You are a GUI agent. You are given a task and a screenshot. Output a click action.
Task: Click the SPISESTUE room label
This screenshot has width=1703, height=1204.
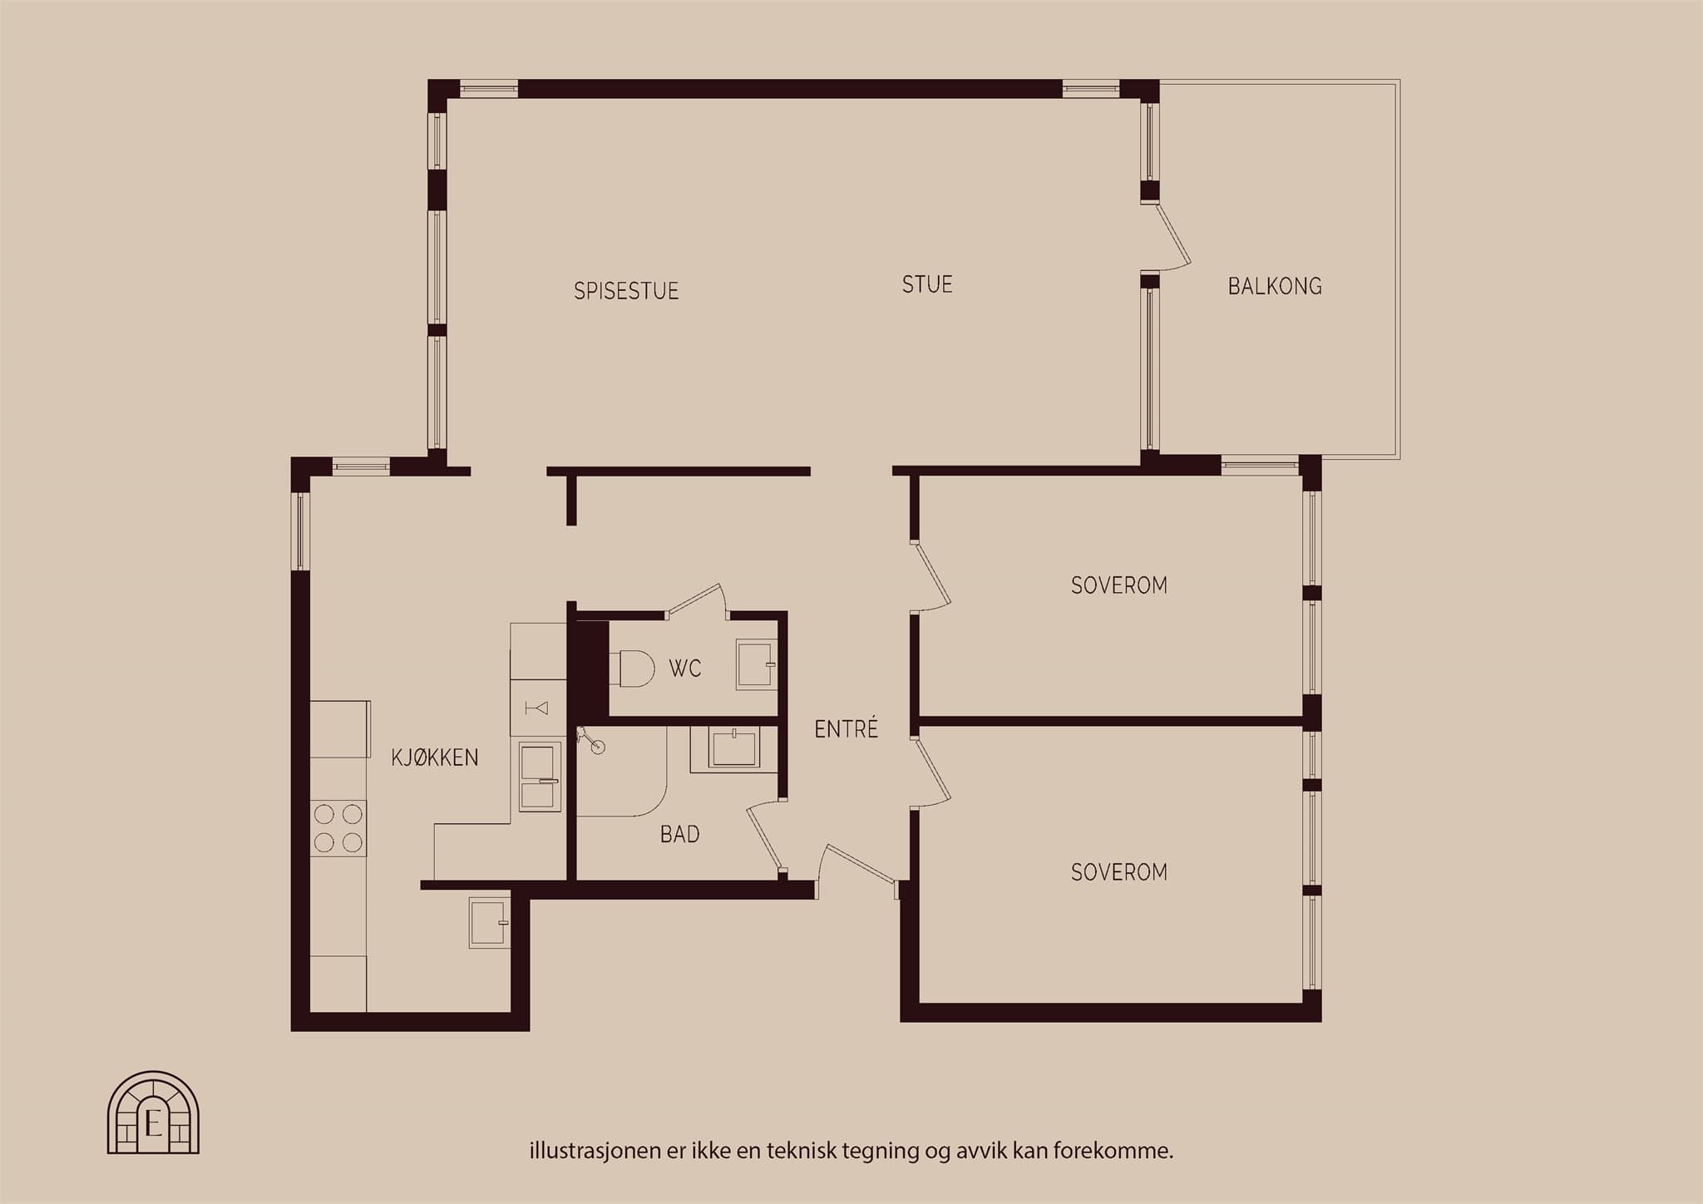click(x=626, y=291)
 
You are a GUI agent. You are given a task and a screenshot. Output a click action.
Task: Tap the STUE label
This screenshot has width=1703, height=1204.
click(x=927, y=284)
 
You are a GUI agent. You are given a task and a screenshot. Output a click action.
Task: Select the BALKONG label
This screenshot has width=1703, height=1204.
click(x=1275, y=286)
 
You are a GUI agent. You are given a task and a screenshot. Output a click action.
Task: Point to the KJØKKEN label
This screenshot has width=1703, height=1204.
click(x=435, y=757)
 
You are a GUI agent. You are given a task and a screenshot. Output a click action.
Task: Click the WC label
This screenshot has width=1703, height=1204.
click(x=685, y=669)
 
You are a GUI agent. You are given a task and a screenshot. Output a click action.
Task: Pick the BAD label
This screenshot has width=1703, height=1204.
click(x=680, y=834)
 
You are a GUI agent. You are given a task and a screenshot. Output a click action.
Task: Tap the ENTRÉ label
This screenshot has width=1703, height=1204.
click(x=847, y=728)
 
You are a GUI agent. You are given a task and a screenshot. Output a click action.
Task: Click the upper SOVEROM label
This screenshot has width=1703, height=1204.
click(x=1119, y=585)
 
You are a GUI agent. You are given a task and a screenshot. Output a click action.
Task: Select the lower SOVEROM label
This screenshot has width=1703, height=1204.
click(x=1119, y=872)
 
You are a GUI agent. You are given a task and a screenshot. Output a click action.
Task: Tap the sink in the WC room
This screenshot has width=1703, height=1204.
click(x=756, y=664)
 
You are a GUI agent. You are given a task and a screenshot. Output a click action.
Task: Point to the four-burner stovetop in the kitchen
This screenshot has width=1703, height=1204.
click(x=338, y=828)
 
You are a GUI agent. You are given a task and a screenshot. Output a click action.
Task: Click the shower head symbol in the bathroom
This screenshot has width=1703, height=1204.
click(x=591, y=740)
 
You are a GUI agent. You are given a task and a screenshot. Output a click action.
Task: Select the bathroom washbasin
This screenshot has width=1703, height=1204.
click(x=733, y=747)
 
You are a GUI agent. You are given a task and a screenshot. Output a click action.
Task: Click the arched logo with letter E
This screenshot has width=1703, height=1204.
click(x=153, y=1113)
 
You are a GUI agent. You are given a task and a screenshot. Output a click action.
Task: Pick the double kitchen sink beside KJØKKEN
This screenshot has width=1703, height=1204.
click(x=540, y=777)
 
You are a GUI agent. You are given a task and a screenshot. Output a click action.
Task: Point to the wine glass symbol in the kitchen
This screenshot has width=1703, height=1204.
click(x=537, y=708)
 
